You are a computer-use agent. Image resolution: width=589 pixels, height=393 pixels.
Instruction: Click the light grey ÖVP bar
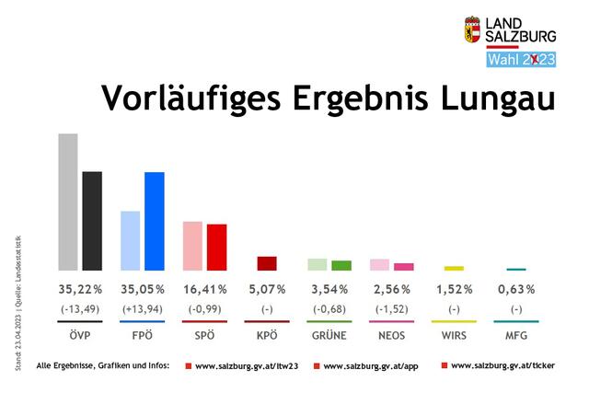68,202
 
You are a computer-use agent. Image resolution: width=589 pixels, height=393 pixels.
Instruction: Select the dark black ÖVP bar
92,220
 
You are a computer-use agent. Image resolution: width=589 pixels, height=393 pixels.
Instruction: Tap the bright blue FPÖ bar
155,221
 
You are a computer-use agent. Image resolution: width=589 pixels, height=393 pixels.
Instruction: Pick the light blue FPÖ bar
131,240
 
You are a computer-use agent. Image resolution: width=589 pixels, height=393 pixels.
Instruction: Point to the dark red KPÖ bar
267,263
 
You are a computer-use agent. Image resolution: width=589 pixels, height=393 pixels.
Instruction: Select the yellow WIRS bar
454,268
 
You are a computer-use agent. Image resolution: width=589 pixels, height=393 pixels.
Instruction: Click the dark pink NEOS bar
404,267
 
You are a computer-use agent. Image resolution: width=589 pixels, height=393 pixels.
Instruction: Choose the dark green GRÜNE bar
341,265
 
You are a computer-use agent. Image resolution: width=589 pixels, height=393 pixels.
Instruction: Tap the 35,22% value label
80,289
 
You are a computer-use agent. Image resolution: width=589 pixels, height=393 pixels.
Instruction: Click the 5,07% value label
267,289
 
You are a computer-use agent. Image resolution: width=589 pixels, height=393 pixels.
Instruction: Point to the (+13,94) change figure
143,308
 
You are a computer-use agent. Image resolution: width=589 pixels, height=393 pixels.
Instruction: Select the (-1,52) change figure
391,308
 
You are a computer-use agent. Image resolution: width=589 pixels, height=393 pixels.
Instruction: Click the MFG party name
515,335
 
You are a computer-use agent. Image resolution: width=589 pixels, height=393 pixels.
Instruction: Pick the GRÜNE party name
329,335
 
